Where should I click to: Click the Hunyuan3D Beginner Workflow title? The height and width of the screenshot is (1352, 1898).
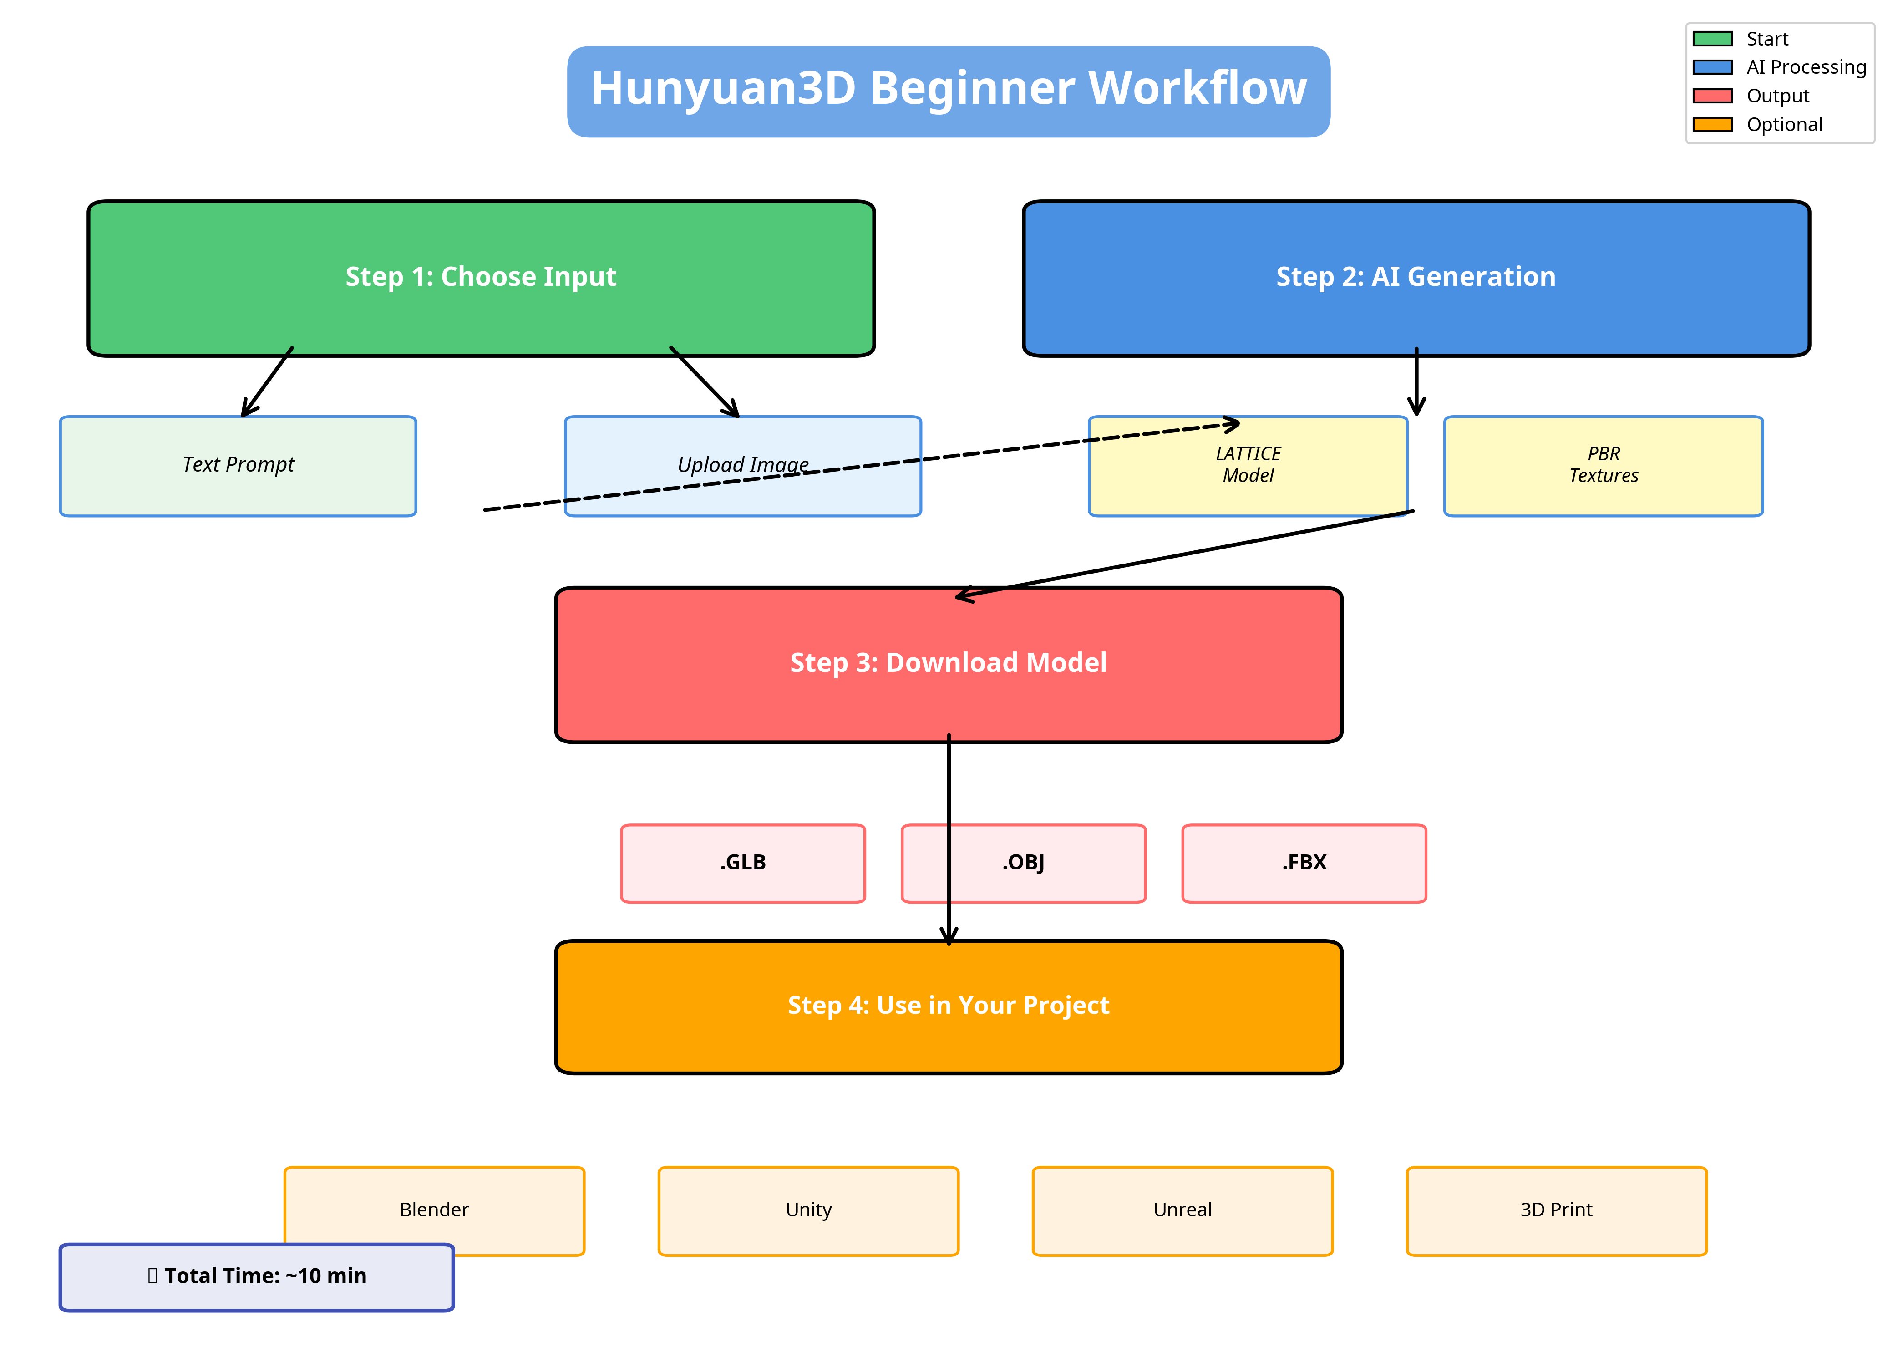coord(948,88)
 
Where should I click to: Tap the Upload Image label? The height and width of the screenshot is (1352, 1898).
coord(742,464)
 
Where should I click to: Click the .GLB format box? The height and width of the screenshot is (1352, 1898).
coord(742,863)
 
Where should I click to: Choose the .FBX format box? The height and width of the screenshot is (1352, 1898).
coord(1304,863)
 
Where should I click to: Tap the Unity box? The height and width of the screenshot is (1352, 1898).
coord(808,1210)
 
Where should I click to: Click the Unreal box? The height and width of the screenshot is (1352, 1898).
coord(1182,1210)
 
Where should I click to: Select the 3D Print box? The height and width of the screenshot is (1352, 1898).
coord(1556,1210)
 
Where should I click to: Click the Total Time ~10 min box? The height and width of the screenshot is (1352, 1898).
coord(256,1276)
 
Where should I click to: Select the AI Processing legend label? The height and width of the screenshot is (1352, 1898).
coord(1806,67)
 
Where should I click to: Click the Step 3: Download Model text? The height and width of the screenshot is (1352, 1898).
coord(948,663)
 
